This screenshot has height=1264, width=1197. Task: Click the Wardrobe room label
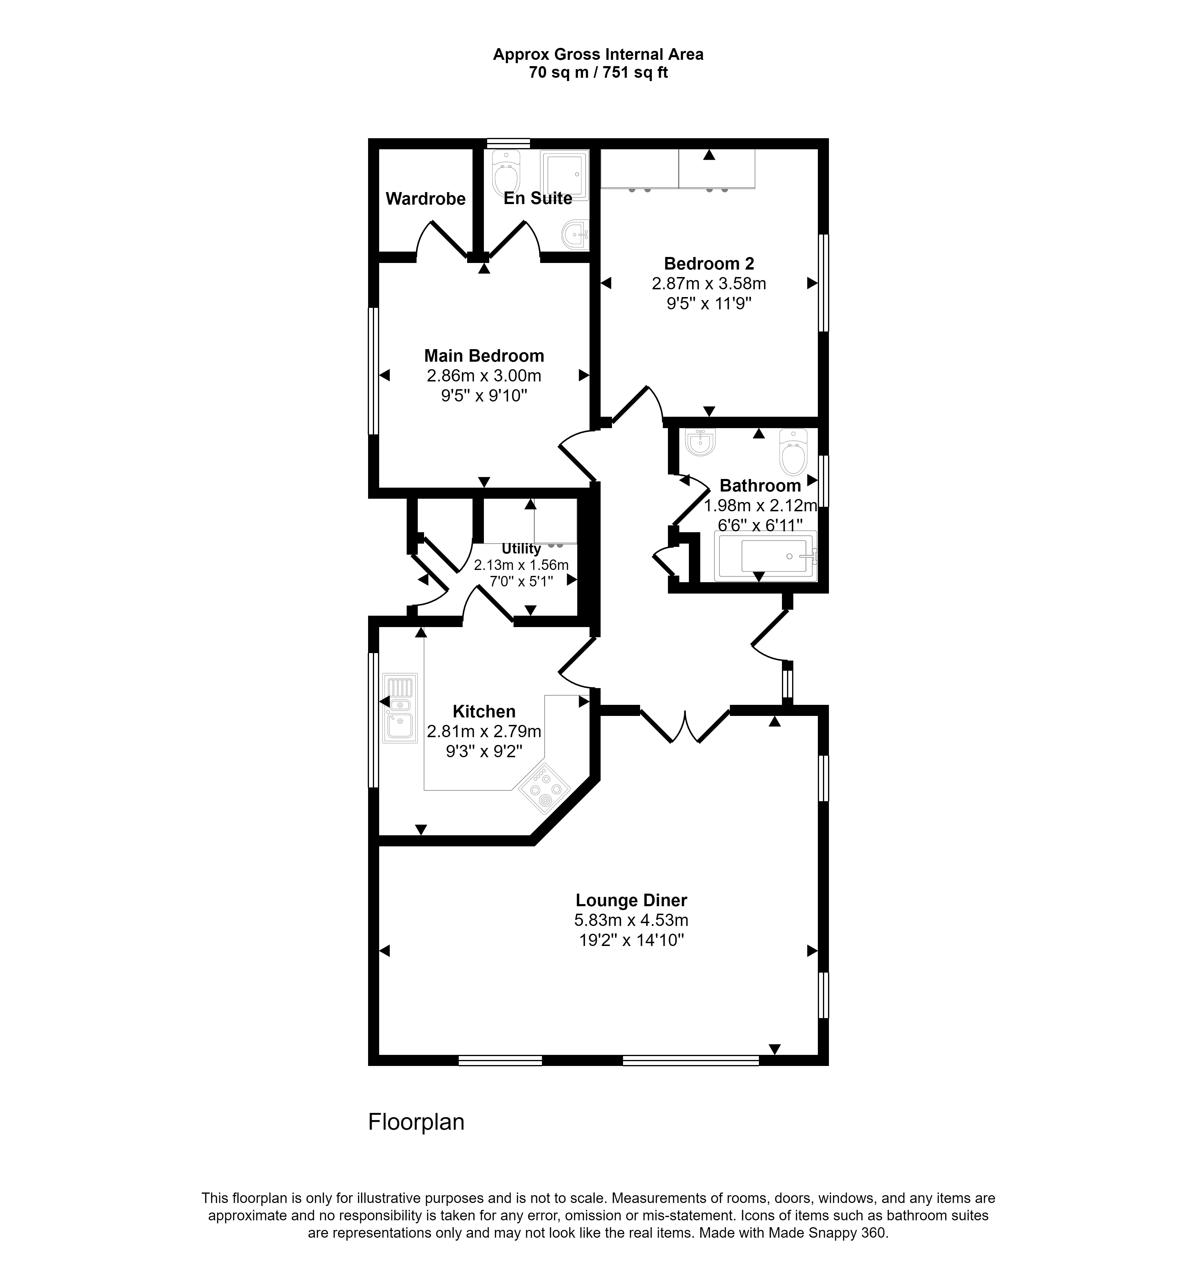tap(426, 199)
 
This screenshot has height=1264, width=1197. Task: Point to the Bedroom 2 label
tap(709, 263)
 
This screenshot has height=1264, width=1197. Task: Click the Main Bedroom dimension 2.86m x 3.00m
tap(484, 376)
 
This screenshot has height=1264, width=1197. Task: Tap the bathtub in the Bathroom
tap(766, 557)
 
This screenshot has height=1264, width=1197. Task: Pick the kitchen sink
tap(399, 708)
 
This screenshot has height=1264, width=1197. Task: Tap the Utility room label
tap(521, 548)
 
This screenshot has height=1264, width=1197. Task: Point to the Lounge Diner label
tap(631, 901)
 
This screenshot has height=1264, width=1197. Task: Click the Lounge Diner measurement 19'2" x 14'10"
tap(631, 940)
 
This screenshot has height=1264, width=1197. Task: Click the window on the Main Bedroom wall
tap(374, 371)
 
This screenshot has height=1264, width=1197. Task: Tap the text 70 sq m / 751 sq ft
tap(598, 73)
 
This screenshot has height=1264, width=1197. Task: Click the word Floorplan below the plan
tap(416, 1122)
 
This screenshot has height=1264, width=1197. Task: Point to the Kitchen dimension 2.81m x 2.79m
tap(484, 731)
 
